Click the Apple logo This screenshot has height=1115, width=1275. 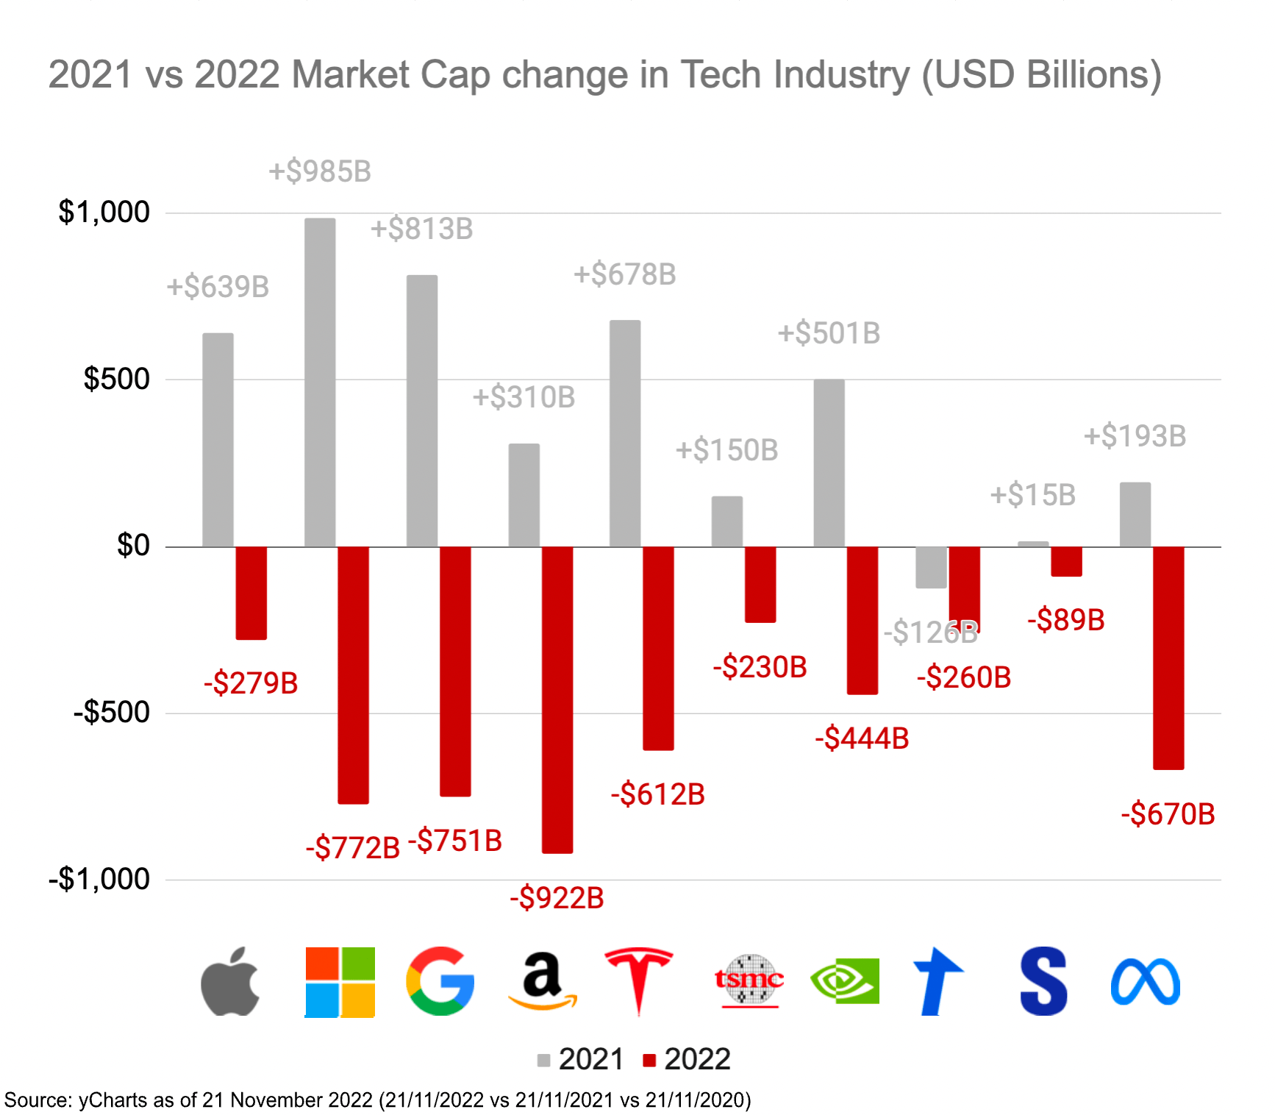click(231, 983)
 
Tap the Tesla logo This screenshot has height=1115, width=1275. click(638, 981)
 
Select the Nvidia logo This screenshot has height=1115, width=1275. click(845, 981)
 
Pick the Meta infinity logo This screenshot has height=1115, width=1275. click(1145, 983)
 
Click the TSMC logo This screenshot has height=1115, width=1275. click(749, 981)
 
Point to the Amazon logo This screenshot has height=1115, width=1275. click(542, 981)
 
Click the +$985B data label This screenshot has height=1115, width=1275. click(320, 172)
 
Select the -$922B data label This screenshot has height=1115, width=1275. click(557, 898)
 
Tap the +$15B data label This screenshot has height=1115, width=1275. click(1032, 495)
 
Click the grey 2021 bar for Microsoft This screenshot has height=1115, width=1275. click(320, 382)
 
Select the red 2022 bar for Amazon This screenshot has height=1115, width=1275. click(557, 699)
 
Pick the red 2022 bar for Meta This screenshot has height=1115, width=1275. click(1168, 658)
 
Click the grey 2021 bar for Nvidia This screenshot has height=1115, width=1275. click(829, 463)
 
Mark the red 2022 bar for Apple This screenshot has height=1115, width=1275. click(251, 593)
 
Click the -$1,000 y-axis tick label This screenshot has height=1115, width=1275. click(99, 880)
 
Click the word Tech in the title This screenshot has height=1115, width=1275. click(720, 75)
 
